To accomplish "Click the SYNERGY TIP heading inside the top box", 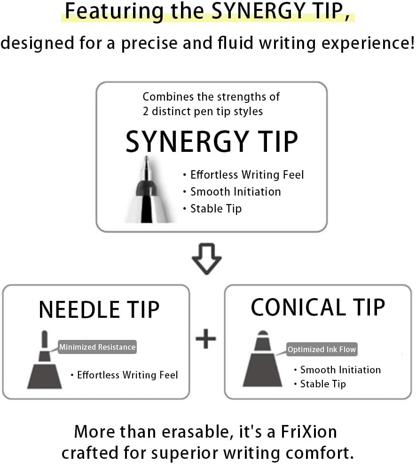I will click(x=212, y=142).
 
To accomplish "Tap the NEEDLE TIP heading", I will click(x=99, y=309).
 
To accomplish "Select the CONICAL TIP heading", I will click(x=318, y=307).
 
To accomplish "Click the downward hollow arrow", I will click(x=207, y=259).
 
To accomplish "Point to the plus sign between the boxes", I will click(x=206, y=339).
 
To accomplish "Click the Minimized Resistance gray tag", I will click(x=97, y=347).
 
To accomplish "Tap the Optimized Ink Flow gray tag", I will click(x=322, y=349).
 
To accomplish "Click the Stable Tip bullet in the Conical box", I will click(x=322, y=384).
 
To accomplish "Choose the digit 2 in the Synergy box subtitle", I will click(x=146, y=111).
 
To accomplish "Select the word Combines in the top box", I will click(x=163, y=97).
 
